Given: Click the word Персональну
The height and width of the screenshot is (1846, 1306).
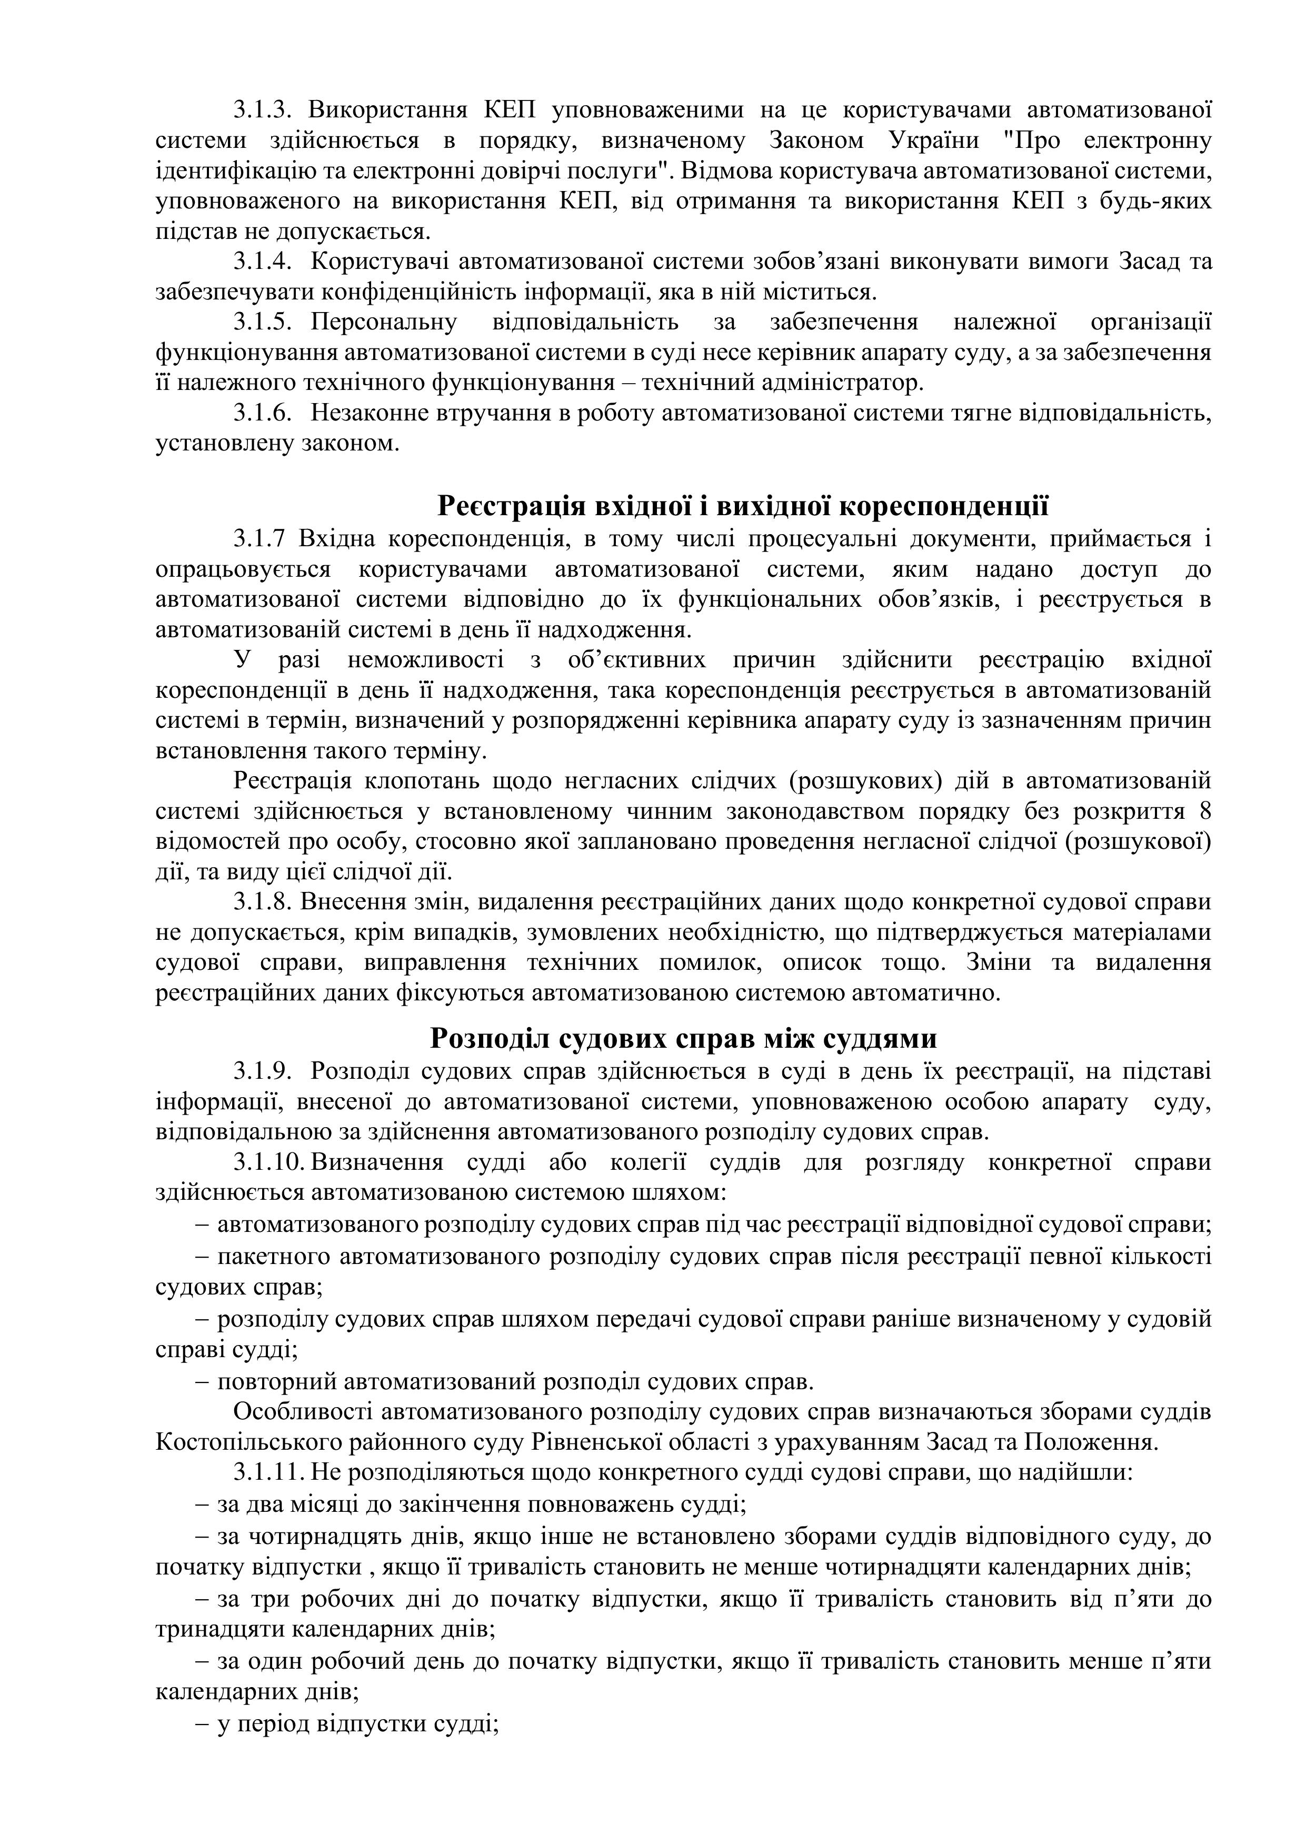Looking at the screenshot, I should [384, 323].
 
